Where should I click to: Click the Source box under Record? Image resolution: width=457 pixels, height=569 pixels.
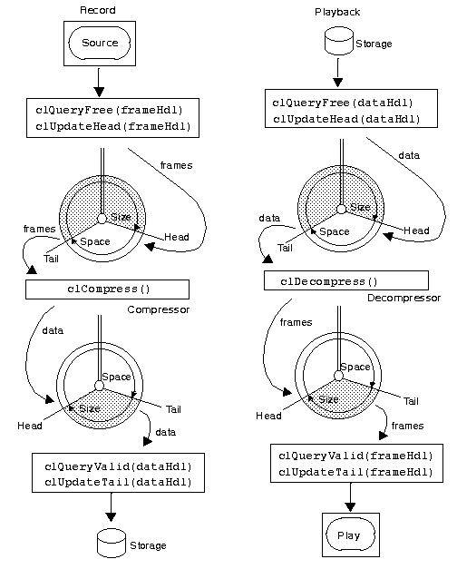coord(100,43)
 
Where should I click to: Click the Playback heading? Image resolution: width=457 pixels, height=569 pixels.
coord(336,12)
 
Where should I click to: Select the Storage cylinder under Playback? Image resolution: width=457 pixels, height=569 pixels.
coord(336,41)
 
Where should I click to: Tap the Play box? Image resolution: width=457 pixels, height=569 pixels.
coord(348,535)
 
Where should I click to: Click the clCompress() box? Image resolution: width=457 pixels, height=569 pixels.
coord(108,289)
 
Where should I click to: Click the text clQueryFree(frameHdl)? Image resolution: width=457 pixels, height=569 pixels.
coord(108,110)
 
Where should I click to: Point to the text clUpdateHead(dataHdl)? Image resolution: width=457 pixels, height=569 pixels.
coord(345,118)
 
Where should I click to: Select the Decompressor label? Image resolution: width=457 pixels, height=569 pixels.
coord(404,299)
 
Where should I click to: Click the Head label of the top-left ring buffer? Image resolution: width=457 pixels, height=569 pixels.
coord(177,237)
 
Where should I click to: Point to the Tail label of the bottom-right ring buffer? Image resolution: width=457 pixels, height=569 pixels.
coord(411,400)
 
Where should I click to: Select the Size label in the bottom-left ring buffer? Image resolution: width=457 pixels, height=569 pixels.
coord(89,409)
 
